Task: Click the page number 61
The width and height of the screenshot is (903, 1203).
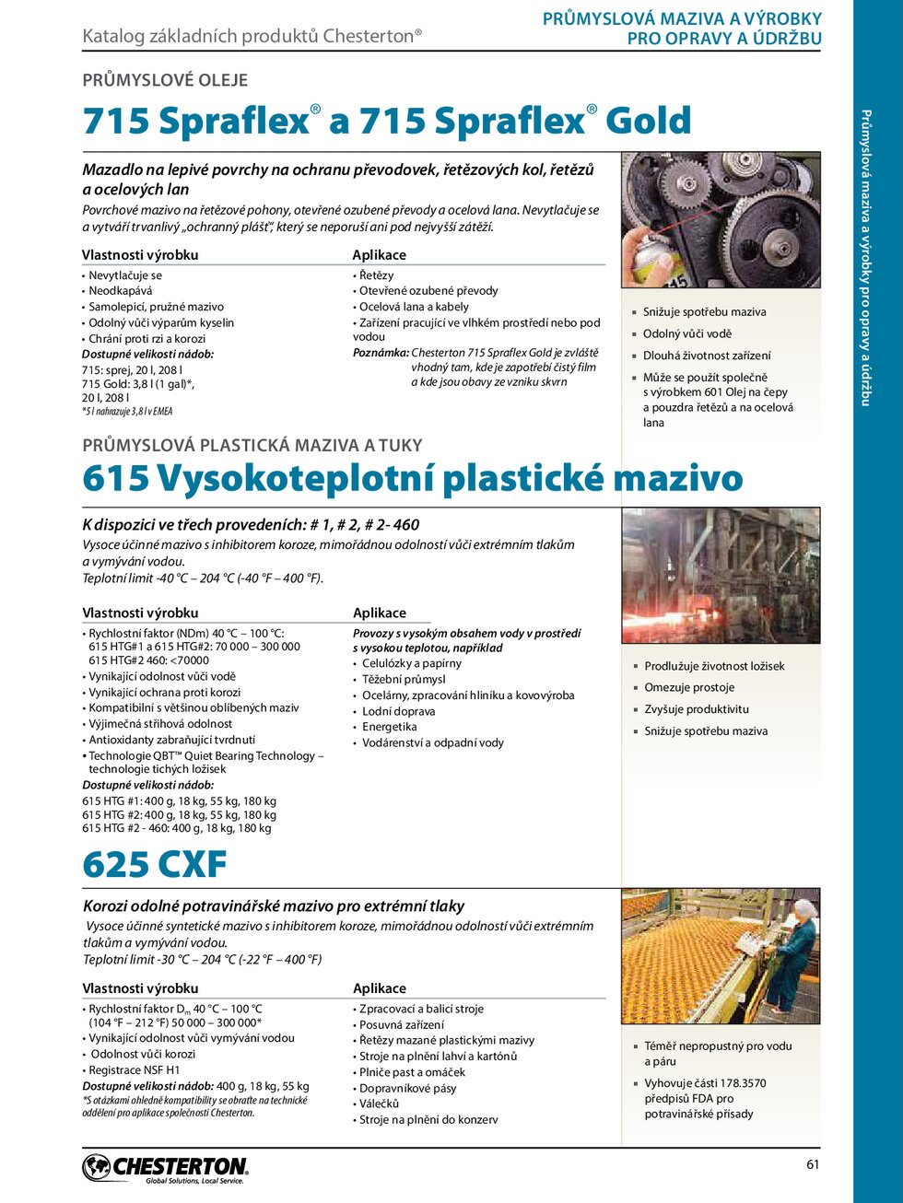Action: tap(812, 1164)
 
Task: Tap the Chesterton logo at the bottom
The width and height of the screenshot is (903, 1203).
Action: tap(166, 1168)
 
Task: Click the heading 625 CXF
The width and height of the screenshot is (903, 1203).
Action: tap(154, 865)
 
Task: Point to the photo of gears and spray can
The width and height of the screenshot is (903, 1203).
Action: tap(721, 220)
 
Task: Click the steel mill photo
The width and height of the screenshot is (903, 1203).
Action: tap(721, 576)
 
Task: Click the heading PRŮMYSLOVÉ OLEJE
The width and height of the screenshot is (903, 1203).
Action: tap(165, 80)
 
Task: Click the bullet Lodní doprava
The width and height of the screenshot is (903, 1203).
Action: tap(398, 711)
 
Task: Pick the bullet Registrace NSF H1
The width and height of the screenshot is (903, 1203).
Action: tap(135, 1070)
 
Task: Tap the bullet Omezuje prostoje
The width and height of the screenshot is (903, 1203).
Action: tap(689, 688)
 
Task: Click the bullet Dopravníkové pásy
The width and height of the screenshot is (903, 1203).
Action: tap(407, 1088)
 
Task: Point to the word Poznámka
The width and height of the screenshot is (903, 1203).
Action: tap(381, 353)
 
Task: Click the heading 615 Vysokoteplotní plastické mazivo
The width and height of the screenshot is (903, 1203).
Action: tap(412, 479)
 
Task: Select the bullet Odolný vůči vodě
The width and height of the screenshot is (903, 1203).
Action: tap(686, 333)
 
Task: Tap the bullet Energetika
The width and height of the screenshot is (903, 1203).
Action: tap(389, 727)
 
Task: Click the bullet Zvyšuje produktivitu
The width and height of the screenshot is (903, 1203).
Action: tap(696, 709)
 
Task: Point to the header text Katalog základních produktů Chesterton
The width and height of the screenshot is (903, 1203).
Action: tap(252, 36)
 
